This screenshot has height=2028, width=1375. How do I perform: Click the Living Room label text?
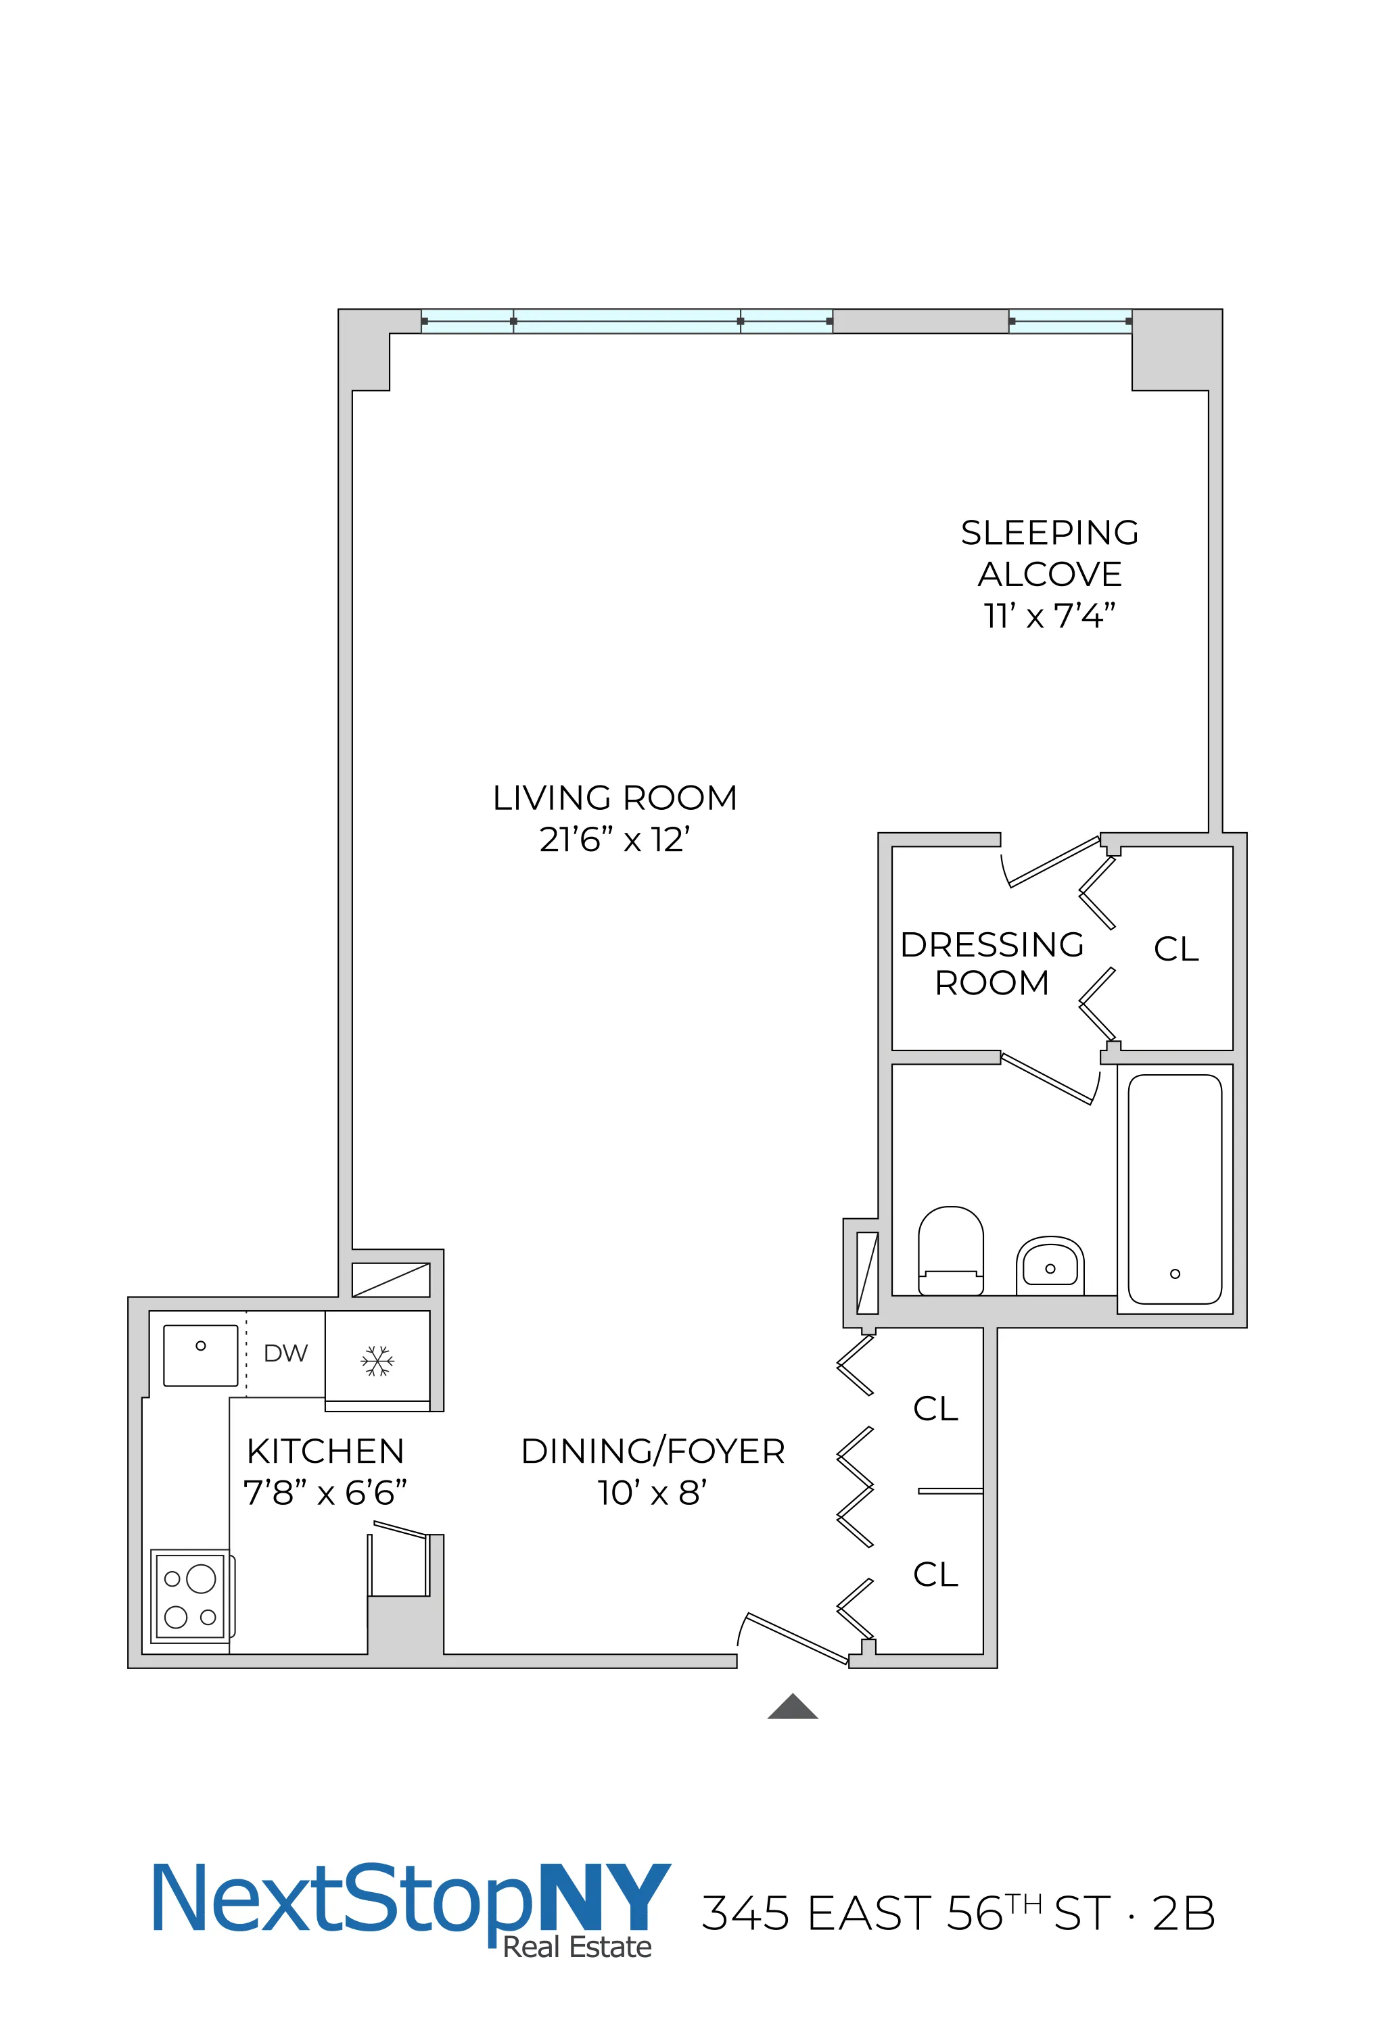coord(615,798)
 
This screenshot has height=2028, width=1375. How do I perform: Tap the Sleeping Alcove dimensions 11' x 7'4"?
coord(1050,616)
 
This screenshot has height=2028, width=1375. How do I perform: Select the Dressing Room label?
coord(992,963)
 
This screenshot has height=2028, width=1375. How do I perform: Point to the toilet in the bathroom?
coord(951,1250)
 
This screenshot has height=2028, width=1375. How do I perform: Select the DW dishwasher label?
coord(285,1353)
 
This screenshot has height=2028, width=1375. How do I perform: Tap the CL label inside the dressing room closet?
coord(1176,949)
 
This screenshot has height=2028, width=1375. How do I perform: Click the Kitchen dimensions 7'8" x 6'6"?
coord(325,1493)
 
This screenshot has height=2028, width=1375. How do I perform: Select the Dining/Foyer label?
coord(653,1451)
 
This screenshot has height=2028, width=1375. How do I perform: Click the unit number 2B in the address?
coord(1183,1914)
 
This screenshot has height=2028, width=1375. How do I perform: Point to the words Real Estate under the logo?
coord(577,1948)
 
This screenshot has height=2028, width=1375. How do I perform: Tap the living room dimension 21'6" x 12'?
coord(615,840)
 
